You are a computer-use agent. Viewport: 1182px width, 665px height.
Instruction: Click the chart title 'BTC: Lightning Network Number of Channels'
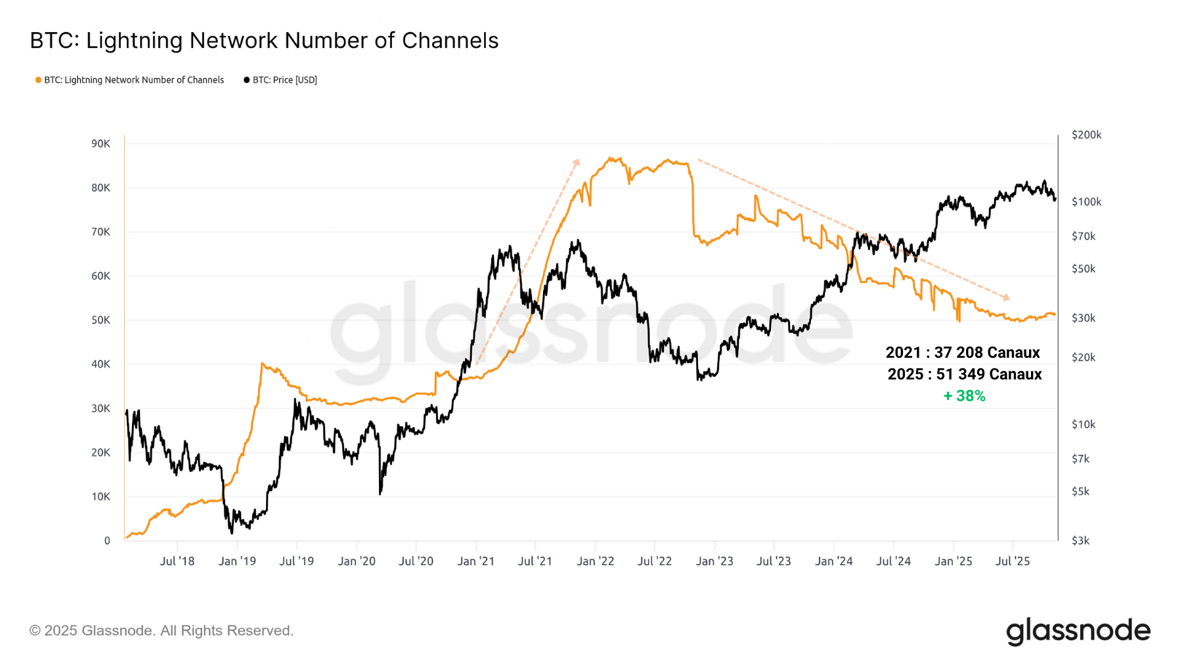(264, 41)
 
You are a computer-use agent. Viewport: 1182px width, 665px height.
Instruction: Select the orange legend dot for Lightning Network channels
(38, 80)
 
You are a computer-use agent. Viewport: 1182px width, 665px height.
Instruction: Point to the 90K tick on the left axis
(100, 144)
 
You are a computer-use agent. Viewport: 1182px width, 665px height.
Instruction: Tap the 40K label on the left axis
(100, 364)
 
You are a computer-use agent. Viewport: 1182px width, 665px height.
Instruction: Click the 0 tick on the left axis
(107, 541)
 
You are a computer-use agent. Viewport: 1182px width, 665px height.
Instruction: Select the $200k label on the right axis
(1086, 135)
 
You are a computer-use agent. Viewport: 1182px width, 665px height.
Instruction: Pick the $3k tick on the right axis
(1080, 541)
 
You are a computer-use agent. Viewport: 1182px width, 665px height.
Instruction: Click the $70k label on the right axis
(1083, 236)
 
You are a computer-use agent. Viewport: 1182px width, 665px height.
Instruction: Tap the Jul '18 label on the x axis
(177, 561)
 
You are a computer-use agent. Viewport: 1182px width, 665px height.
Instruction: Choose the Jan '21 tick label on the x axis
(475, 561)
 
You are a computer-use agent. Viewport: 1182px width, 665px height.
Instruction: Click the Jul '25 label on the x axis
(1013, 561)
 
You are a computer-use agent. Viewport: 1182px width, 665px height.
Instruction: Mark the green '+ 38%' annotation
(964, 396)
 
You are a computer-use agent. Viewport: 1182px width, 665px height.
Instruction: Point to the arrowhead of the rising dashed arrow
(577, 161)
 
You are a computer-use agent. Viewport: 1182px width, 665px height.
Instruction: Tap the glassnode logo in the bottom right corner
(1078, 631)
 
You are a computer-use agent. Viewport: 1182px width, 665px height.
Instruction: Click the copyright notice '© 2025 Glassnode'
(161, 631)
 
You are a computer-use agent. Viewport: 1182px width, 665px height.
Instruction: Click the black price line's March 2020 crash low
(380, 493)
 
